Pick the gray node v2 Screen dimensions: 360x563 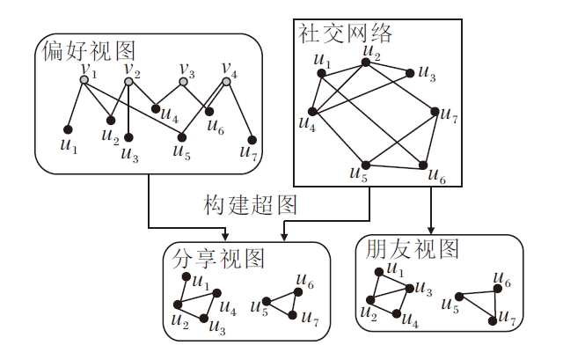click(128, 82)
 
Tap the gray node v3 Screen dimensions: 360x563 click(184, 82)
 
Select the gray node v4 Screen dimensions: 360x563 click(226, 82)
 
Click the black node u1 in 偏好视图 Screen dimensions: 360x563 click(68, 129)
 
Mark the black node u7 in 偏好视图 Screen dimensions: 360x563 click(252, 139)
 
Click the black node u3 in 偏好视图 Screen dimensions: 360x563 click(128, 137)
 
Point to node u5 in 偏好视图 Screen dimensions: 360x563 click(182, 136)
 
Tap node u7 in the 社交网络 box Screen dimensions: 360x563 click(434, 111)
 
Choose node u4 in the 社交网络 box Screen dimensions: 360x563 click(313, 111)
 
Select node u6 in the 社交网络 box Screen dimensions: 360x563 click(424, 165)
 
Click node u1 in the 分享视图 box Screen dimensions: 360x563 click(186, 277)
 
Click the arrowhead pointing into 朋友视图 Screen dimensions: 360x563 click(432, 228)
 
